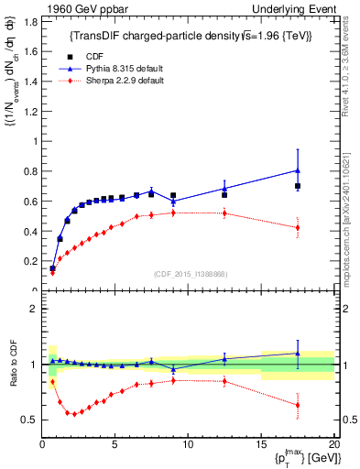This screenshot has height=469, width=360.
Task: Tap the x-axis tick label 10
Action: pos(188,444)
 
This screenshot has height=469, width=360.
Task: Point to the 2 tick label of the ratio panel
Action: pos(32,309)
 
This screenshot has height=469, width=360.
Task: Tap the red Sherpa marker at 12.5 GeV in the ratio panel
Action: pos(224,381)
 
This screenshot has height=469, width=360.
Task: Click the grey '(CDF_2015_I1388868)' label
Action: pos(190,275)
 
